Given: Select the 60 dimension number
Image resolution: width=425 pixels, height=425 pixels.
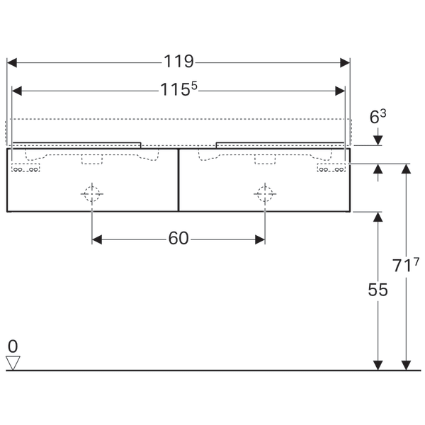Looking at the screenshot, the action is click(178, 239).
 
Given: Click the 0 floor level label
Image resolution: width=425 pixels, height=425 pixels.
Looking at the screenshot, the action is click(13, 346).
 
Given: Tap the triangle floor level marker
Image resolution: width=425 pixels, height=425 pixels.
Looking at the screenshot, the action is click(13, 363).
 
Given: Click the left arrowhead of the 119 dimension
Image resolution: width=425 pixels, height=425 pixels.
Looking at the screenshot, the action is click(11, 62).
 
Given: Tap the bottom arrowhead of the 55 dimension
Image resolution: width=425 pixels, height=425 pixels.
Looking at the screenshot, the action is click(378, 365).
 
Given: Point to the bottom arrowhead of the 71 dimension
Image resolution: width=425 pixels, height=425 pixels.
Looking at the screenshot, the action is click(406, 365).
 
